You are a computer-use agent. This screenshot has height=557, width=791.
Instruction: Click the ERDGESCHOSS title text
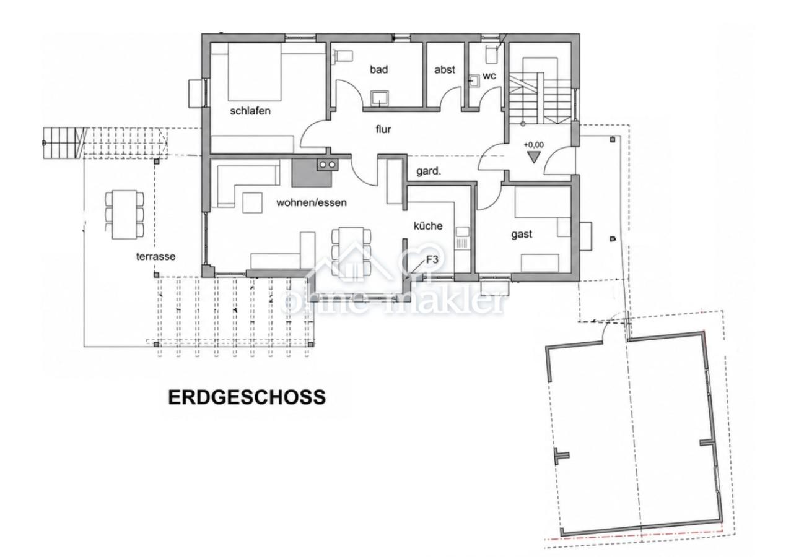click(x=247, y=397)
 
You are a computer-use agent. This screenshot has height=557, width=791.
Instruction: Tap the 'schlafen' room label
click(x=250, y=111)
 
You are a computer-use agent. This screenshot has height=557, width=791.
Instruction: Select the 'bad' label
click(x=379, y=69)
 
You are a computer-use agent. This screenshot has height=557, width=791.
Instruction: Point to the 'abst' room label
click(x=445, y=70)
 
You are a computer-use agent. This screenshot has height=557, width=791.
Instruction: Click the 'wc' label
click(x=489, y=76)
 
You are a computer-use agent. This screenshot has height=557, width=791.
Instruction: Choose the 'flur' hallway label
click(x=383, y=129)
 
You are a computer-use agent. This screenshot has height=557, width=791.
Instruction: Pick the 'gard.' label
click(x=429, y=171)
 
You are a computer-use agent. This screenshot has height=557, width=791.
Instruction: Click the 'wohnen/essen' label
click(x=312, y=202)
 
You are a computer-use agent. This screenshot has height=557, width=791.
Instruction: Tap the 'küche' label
click(x=428, y=226)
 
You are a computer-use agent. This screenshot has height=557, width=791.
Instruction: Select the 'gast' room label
click(x=522, y=235)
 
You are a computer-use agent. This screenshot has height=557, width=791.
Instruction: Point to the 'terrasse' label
click(x=155, y=256)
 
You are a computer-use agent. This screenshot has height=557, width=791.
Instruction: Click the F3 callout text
click(x=432, y=260)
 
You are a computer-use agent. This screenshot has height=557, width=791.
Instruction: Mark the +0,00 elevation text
click(x=533, y=145)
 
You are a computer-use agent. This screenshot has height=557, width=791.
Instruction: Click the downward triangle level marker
click(x=534, y=157)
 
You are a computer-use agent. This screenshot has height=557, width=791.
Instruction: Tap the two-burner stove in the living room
click(x=327, y=165)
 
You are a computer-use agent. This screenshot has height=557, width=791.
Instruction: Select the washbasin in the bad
click(x=380, y=98)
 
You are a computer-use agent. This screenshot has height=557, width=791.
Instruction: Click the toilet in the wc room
click(x=492, y=55)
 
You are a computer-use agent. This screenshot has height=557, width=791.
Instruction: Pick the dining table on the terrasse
click(x=125, y=215)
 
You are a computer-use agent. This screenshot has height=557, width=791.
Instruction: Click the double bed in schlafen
click(x=255, y=72)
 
